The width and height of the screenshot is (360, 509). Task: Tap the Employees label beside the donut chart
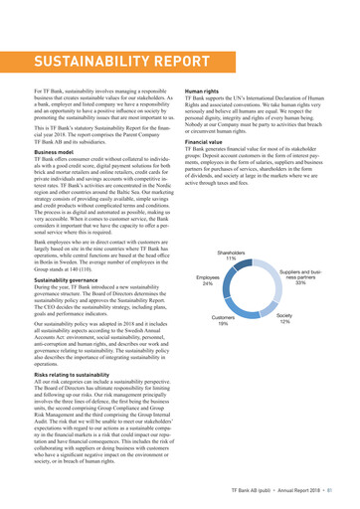208,277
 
